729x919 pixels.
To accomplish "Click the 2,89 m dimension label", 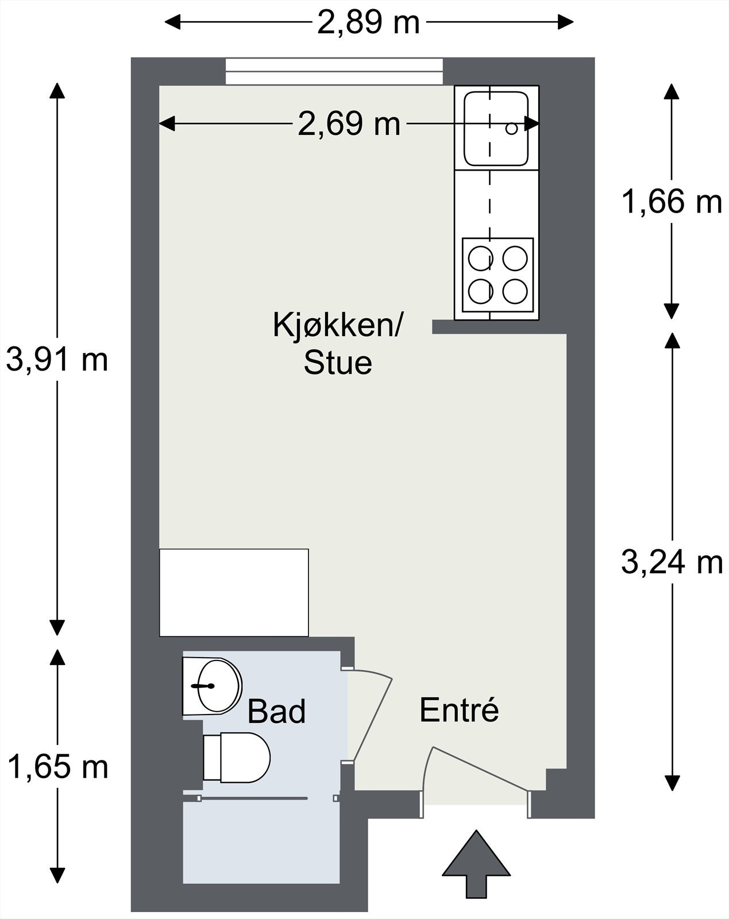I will (x=368, y=23).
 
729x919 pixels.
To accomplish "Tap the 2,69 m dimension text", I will (x=349, y=124).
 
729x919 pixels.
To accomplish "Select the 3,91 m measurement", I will (x=57, y=361).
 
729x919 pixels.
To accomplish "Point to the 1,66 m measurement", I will (x=672, y=202).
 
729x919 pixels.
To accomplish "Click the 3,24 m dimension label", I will (x=672, y=562).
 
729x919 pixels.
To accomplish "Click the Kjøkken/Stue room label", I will (x=338, y=343).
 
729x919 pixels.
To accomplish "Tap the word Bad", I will (x=276, y=712).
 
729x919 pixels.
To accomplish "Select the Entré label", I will (x=458, y=711).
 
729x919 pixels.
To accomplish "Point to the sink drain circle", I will (x=511, y=129).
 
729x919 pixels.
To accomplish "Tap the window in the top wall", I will (x=334, y=71).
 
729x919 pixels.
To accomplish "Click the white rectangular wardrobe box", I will (x=234, y=592).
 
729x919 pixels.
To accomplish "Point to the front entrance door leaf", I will (x=480, y=769).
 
